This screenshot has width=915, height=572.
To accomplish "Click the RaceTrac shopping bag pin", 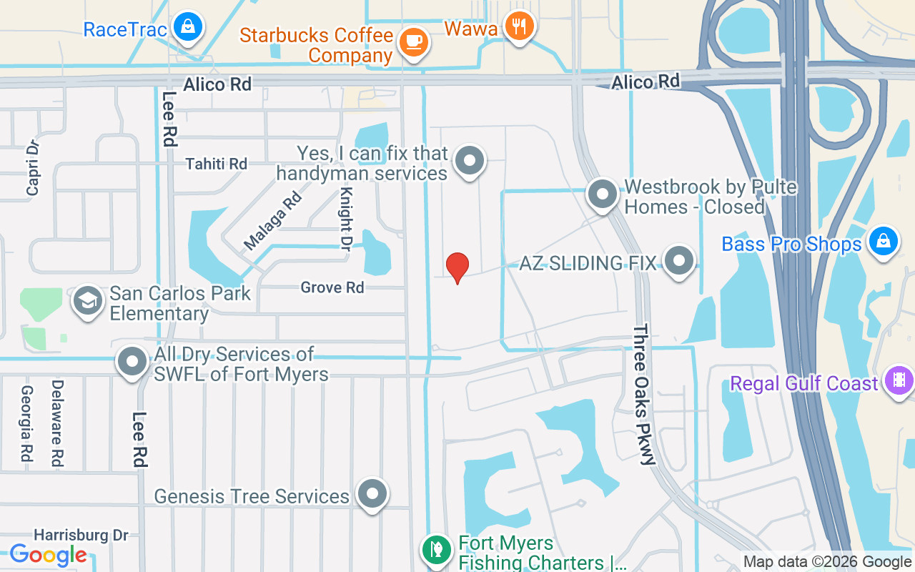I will pyautogui.click(x=187, y=27).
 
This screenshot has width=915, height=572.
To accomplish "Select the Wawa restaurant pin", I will pyautogui.click(x=520, y=26).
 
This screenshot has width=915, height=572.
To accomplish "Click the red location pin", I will pyautogui.click(x=457, y=267).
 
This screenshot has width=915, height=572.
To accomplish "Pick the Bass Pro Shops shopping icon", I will pyautogui.click(x=884, y=242).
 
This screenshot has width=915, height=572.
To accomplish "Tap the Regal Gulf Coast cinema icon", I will pyautogui.click(x=899, y=380).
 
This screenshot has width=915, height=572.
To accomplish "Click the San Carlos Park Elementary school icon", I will pyautogui.click(x=88, y=302).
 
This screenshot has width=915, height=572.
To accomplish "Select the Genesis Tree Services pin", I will pyautogui.click(x=372, y=494).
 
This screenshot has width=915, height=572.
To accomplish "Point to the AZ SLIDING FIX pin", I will pyautogui.click(x=678, y=261).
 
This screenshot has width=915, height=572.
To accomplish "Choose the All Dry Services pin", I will pyautogui.click(x=132, y=363).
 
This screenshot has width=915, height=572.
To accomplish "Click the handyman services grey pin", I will pyautogui.click(x=470, y=161).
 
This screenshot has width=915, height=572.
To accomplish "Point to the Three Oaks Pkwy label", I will pyautogui.click(x=643, y=395).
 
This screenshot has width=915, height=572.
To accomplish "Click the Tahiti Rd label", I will pyautogui.click(x=216, y=164).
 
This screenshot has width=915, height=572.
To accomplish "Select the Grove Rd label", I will pyautogui.click(x=332, y=287).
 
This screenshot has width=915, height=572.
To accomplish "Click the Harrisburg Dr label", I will pyautogui.click(x=81, y=535).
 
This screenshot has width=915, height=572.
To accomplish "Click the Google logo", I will pyautogui.click(x=49, y=554).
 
